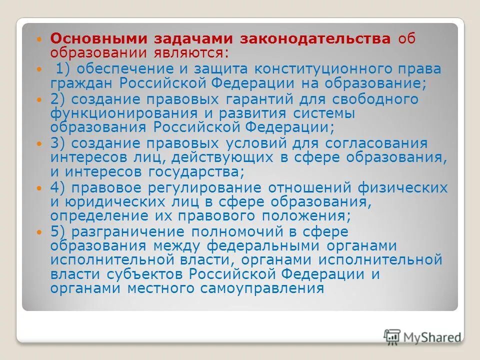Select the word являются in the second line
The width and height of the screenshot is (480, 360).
[x=192, y=51]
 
